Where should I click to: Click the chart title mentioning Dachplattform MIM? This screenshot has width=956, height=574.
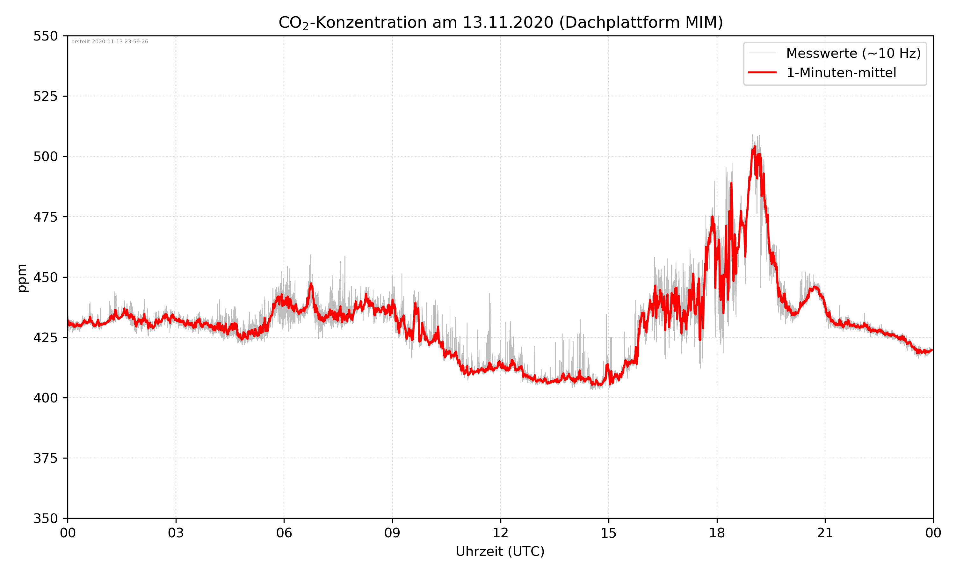pos(500,22)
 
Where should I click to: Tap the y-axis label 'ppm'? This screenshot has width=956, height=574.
pos(22,278)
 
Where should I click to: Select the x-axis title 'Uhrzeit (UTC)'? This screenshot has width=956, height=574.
pos(500,551)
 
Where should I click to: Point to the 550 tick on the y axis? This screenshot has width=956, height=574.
pos(45,36)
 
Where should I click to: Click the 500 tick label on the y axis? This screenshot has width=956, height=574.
pos(45,157)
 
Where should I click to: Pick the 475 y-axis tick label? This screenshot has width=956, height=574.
pos(45,217)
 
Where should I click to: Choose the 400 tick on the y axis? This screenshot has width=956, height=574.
pos(45,398)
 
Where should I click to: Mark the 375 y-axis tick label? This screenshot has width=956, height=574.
pos(45,458)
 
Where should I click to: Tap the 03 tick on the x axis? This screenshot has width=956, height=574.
pos(176,533)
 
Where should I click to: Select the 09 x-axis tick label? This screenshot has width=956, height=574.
pos(392,533)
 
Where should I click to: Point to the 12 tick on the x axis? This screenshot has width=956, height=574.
pos(500,533)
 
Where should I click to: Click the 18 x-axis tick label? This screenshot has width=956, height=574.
pos(717,533)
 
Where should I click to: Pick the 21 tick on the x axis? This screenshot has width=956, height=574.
pos(825,533)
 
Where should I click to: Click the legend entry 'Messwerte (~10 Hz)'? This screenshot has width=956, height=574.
pos(853,53)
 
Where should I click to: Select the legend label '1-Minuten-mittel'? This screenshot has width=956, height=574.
pos(841,73)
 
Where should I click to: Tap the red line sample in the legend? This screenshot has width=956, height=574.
pos(762,72)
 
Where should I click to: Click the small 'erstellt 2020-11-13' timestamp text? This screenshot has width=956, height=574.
pos(110,42)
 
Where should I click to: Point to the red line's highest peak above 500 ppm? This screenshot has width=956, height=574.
pos(754,147)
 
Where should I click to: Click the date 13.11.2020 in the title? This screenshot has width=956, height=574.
pos(508,22)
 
